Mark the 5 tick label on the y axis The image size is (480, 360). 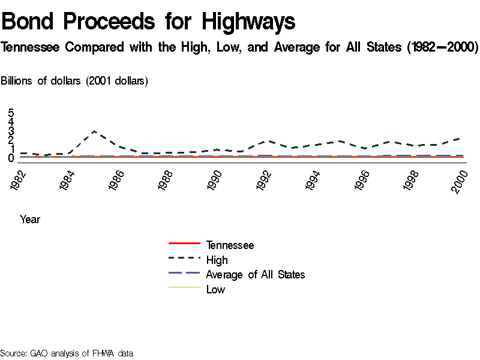tap(11, 113)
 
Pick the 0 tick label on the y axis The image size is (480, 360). tap(11, 158)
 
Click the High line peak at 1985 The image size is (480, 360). tap(94, 131)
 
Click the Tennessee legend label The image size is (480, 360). tap(230, 245)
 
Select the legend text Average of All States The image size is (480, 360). tap(255, 275)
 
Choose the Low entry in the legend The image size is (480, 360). tap(215, 290)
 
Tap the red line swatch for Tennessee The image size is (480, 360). tap(184, 244)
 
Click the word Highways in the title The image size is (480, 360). tap(248, 22)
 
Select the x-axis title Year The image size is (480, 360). tap(30, 220)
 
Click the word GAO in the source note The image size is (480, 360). tap(39, 353)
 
